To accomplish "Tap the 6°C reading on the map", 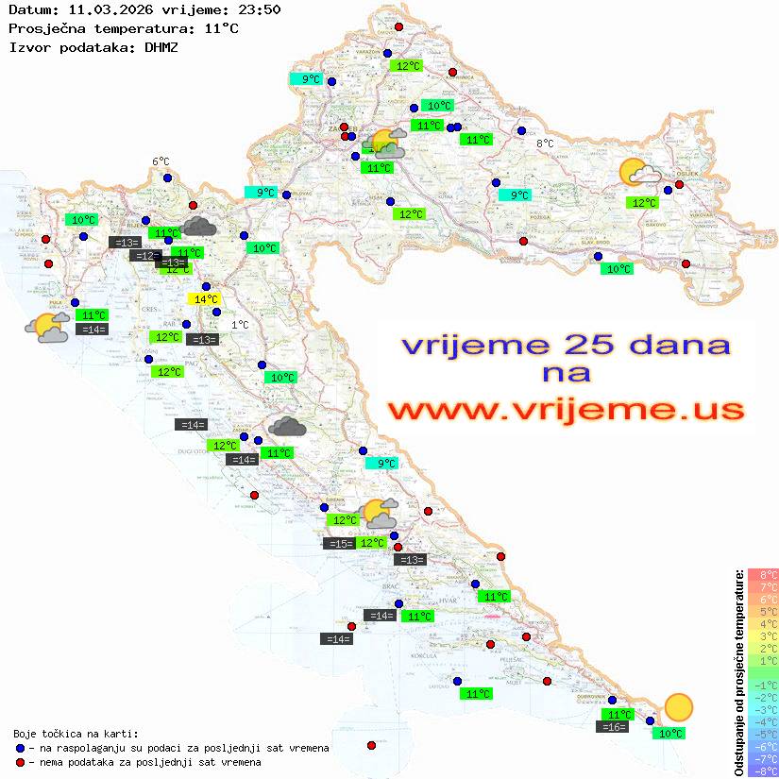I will [x=161, y=162].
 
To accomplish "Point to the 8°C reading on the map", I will [x=545, y=144].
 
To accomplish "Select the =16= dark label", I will [x=613, y=726].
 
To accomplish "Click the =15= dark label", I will [x=338, y=543].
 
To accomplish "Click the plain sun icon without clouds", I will [x=678, y=706].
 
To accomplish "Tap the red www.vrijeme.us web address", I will [x=566, y=410].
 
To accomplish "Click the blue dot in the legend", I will [x=20, y=748].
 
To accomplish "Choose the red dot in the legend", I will [x=20, y=762].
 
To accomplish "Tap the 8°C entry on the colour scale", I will [x=763, y=574].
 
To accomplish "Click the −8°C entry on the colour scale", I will [x=763, y=771].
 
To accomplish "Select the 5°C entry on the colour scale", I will [x=763, y=611].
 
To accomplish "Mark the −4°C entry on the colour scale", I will [x=763, y=721].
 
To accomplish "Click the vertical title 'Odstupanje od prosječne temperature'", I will [x=739, y=672].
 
